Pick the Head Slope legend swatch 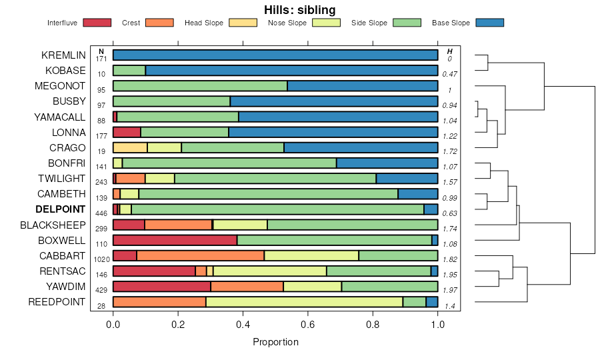[x=243, y=23]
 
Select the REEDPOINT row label [x=57, y=302]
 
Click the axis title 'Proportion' [x=275, y=342]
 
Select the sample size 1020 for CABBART [x=101, y=259]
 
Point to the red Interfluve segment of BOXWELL [x=175, y=240]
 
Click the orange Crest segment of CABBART [x=200, y=255]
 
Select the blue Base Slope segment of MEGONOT [x=362, y=85]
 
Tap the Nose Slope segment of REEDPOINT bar [x=304, y=302]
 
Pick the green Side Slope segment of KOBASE [x=129, y=70]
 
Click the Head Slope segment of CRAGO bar [x=130, y=147]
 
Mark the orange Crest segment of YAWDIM [x=247, y=287]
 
